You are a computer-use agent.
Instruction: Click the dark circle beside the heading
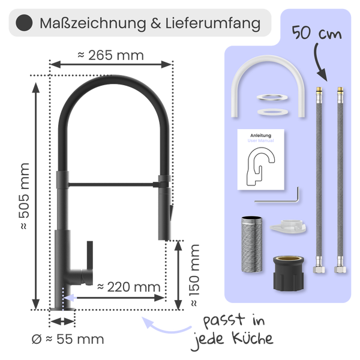[23, 23]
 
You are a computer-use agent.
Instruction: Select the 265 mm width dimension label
[111, 55]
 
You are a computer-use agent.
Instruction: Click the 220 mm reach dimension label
[129, 287]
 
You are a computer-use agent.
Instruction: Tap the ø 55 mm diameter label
[68, 340]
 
